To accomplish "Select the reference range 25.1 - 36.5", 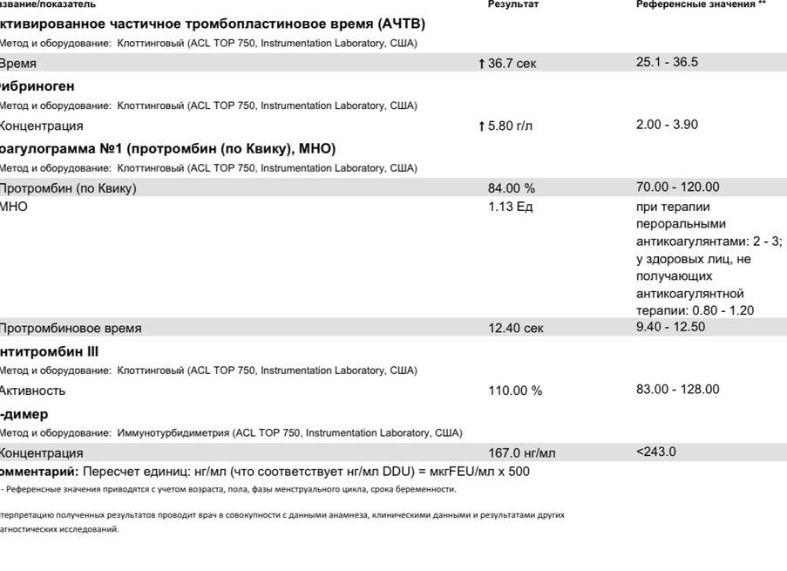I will pyautogui.click(x=667, y=62).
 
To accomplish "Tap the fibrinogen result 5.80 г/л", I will pyautogui.click(x=510, y=126).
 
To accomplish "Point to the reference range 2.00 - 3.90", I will pyautogui.click(x=667, y=124).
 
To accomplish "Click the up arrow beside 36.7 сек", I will pyautogui.click(x=481, y=64).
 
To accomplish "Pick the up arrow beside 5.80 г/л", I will pyautogui.click(x=481, y=126).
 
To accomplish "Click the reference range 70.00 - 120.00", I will pyautogui.click(x=678, y=187).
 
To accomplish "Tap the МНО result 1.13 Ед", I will pyautogui.click(x=510, y=207).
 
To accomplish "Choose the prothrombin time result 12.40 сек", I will pyautogui.click(x=515, y=329).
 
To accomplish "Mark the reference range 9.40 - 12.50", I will pyautogui.click(x=670, y=327).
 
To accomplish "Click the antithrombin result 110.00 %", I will pyautogui.click(x=514, y=391).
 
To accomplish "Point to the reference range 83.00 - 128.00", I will pyautogui.click(x=678, y=389).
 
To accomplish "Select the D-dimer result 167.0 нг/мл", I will pyautogui.click(x=521, y=453).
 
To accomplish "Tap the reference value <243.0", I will pyautogui.click(x=656, y=452).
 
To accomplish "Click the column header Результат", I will pyautogui.click(x=513, y=4).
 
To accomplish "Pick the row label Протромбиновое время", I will pyautogui.click(x=70, y=329).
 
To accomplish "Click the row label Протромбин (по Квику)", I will pyautogui.click(x=68, y=188).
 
